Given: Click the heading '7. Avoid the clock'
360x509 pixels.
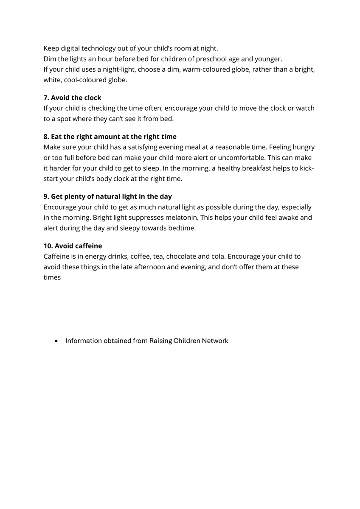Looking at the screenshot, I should pos(72,98).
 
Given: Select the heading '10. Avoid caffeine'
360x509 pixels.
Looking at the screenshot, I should pos(73,246).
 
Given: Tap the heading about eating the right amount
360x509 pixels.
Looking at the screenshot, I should pos(110,137).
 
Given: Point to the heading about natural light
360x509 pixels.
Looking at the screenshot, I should pos(107,196).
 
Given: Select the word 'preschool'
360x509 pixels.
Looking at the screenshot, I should pos(211,59).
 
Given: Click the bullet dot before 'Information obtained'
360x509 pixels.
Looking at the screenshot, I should pos(56,341).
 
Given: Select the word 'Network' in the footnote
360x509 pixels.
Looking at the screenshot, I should pos(215,341).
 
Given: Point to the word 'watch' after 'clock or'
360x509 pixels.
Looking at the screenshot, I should pos(305,108).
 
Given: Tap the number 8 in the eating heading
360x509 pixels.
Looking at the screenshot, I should pos(45,137).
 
